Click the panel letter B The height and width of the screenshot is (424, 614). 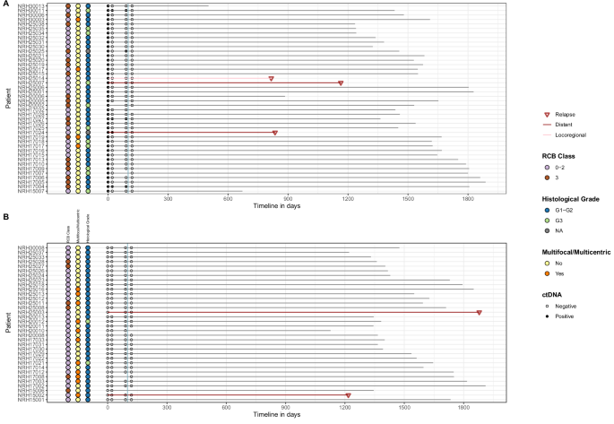coord(5,216)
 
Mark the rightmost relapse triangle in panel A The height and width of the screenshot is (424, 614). coord(341,83)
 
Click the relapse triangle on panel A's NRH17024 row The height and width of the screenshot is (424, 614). coord(275,133)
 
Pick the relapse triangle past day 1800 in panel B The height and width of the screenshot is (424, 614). coord(480,312)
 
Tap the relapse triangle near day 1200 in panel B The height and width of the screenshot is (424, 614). coord(348,395)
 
